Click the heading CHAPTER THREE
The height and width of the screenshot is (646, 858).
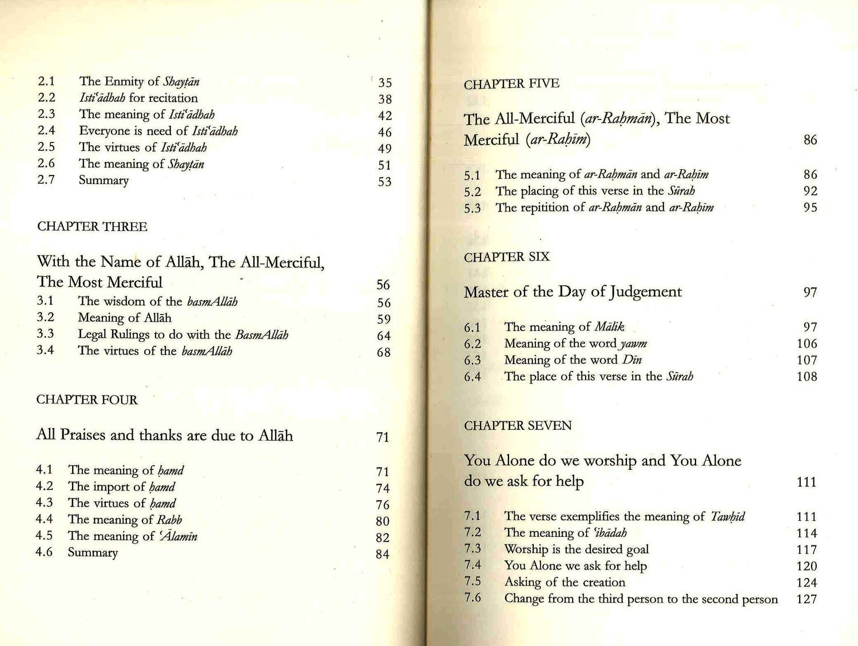click(x=92, y=227)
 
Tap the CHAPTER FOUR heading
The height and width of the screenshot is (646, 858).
click(x=87, y=400)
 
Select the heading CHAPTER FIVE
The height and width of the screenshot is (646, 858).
click(x=511, y=84)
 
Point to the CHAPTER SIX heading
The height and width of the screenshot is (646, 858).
click(x=506, y=257)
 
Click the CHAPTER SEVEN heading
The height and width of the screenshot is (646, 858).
click(x=518, y=426)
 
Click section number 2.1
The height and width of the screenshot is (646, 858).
click(x=46, y=82)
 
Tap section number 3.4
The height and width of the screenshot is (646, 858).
click(x=45, y=350)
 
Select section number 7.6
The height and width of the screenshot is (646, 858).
click(x=472, y=598)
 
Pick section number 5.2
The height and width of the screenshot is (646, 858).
click(x=472, y=192)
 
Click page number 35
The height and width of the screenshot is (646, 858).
click(x=385, y=83)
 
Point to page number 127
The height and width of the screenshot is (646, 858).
click(x=807, y=600)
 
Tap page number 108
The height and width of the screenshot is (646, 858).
click(x=807, y=377)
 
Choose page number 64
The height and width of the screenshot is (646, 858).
click(x=384, y=336)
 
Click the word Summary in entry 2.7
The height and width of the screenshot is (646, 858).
click(x=104, y=181)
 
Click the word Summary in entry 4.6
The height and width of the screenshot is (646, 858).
click(x=93, y=553)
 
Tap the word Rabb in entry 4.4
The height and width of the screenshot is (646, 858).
click(x=169, y=520)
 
